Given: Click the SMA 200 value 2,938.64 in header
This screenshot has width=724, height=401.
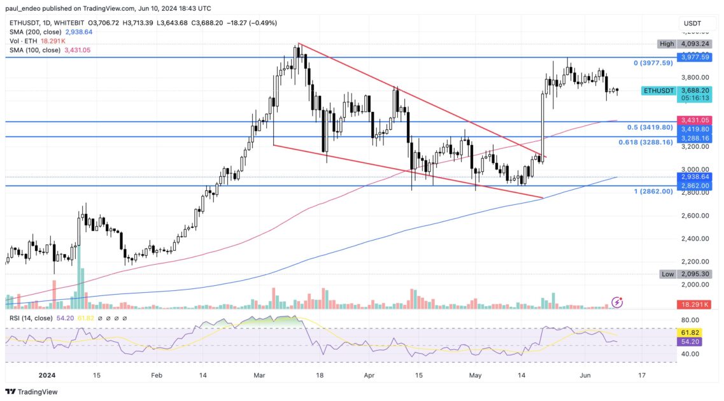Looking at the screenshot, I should pyautogui.click(x=75, y=32).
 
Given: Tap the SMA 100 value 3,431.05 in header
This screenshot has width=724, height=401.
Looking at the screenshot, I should pyautogui.click(x=75, y=50).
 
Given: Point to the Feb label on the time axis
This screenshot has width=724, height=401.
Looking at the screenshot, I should pyautogui.click(x=155, y=376).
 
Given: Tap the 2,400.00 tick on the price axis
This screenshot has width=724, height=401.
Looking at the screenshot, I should pyautogui.click(x=695, y=239).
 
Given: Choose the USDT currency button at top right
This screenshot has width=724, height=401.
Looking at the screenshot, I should pyautogui.click(x=692, y=23).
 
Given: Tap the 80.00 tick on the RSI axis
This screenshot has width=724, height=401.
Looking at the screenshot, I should pyautogui.click(x=690, y=320).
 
